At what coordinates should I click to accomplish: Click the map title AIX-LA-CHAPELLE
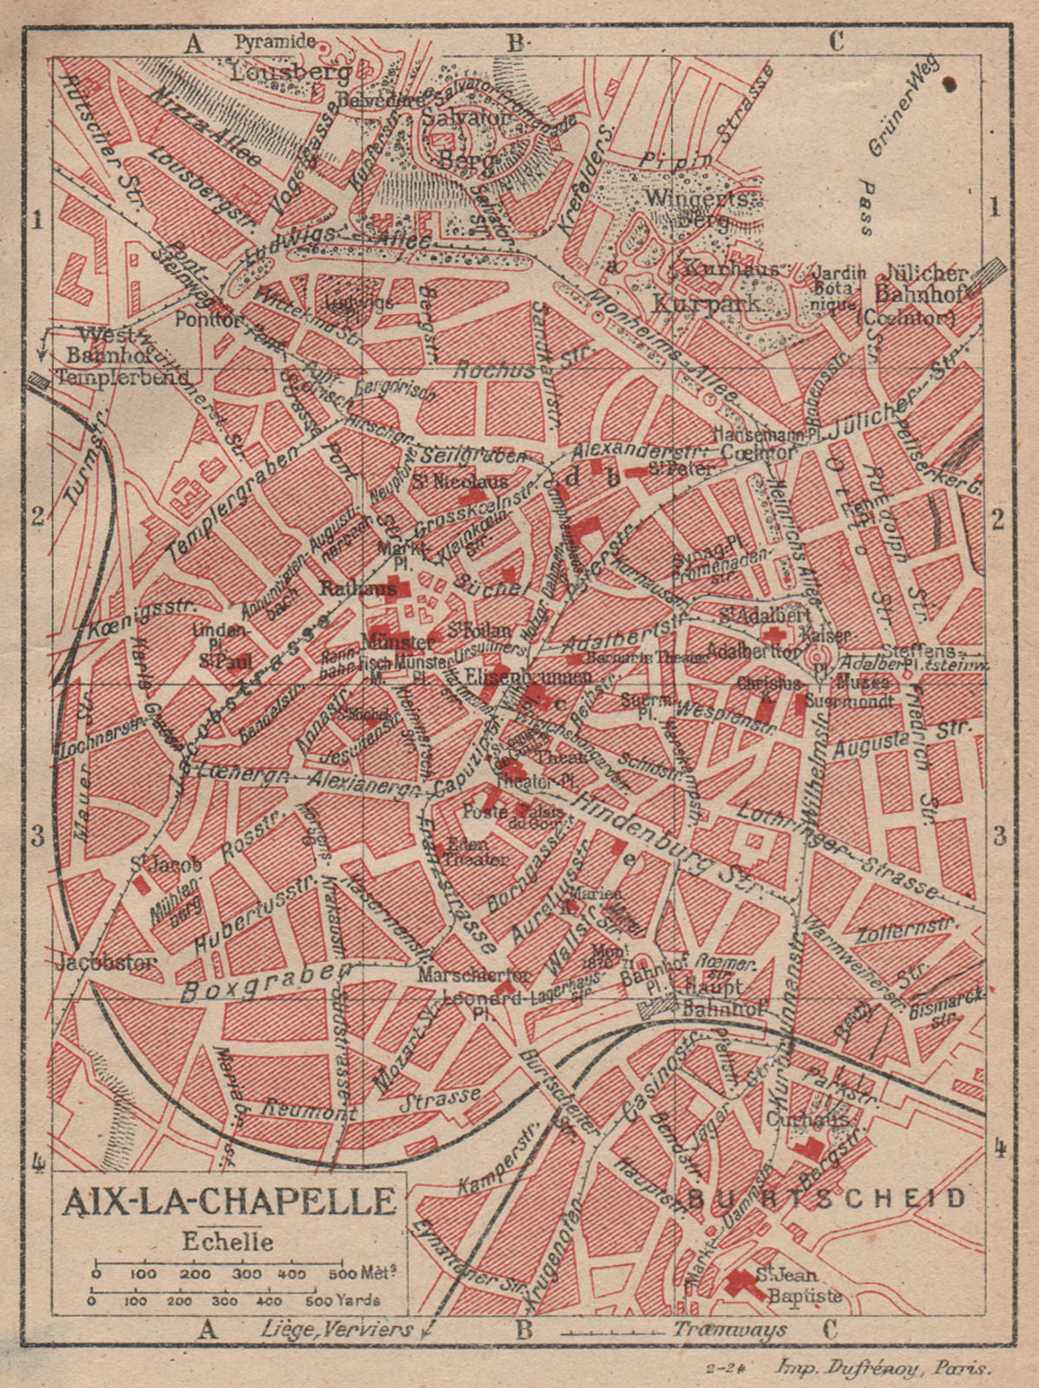pos(230,1203)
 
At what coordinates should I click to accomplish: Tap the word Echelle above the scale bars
pos(228,1241)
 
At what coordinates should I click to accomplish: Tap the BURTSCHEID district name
pos(827,1199)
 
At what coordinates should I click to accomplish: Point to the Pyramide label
pos(274,41)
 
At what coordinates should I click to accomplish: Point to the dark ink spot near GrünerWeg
pos(950,83)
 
